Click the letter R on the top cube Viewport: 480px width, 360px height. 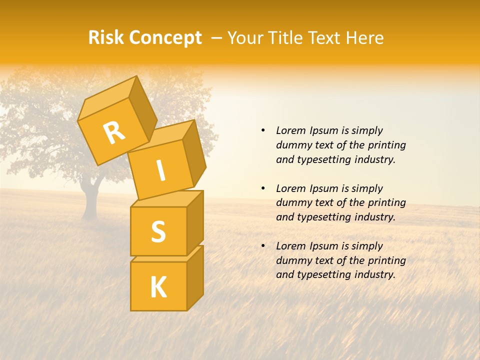click(x=114, y=132)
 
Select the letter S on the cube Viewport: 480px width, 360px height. click(x=158, y=231)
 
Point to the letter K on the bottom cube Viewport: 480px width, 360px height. click(x=158, y=287)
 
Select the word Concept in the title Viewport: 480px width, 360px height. click(x=166, y=38)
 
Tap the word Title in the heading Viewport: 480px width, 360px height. click(x=287, y=38)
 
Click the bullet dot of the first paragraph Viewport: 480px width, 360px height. click(x=263, y=130)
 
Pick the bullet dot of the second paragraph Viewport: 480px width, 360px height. click(x=263, y=188)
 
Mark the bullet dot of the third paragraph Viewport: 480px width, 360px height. click(x=263, y=246)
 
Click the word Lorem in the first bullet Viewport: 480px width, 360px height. click(x=291, y=130)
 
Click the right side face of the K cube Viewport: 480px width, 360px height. click(x=195, y=277)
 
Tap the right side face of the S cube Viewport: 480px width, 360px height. click(x=195, y=222)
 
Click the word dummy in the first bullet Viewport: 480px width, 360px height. click(x=292, y=145)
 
